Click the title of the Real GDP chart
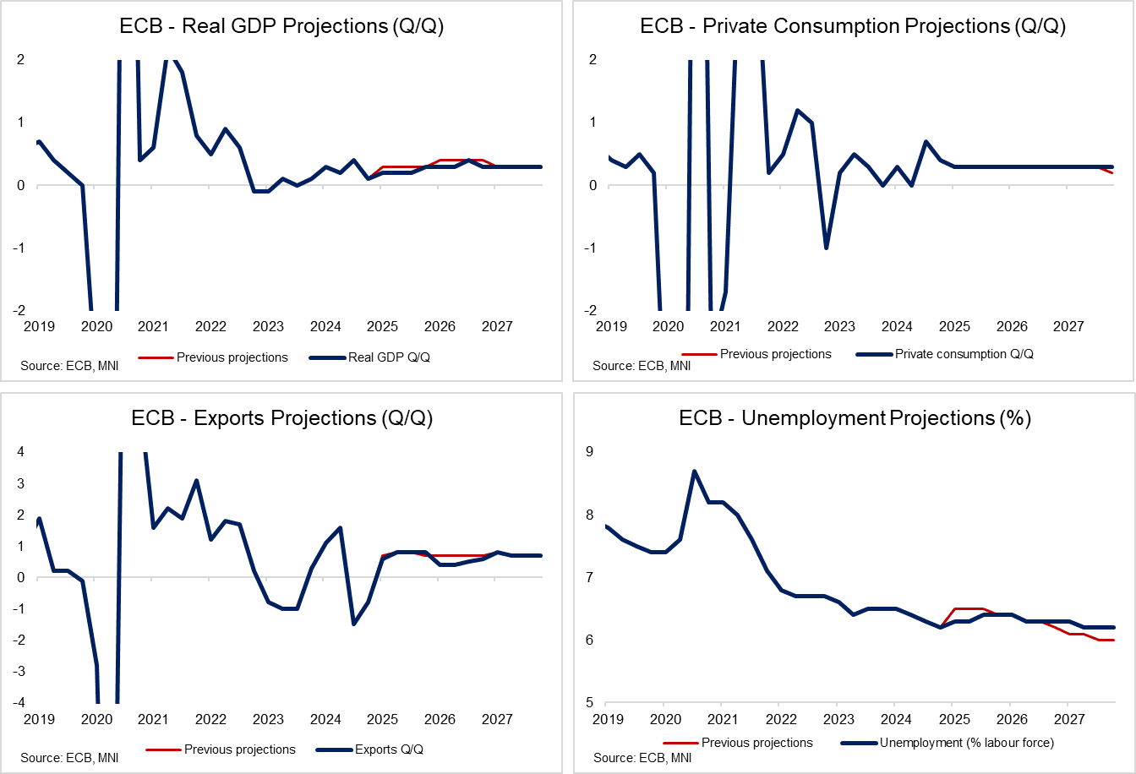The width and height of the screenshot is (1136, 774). pos(281,26)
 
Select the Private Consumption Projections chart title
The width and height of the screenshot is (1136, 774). pos(853,26)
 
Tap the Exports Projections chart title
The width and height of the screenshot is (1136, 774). pos(281,418)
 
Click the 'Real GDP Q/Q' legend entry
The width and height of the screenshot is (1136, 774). pos(389,357)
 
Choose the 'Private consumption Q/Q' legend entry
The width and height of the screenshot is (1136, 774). pos(964,354)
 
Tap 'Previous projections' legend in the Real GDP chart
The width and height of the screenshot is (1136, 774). pos(232,357)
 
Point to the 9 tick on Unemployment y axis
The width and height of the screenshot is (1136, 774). pos(589,452)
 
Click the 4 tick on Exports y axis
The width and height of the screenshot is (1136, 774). pos(20,452)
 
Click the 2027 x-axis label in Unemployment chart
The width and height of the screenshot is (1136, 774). pos(1068,719)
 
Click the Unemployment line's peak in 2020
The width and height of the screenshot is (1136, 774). pos(694,471)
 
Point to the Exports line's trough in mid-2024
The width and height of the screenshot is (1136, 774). pos(353,624)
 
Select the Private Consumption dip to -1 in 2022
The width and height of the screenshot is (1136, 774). pos(826,248)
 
